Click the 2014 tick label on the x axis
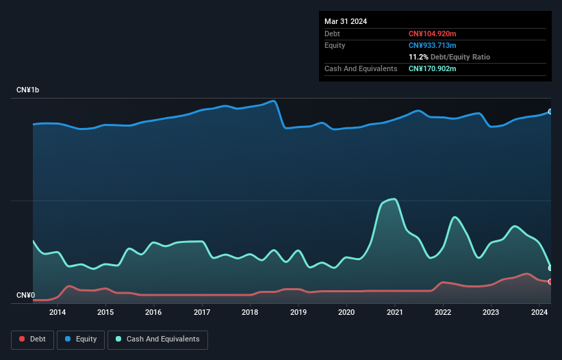(x=58, y=312)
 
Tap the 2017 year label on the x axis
(x=202, y=312)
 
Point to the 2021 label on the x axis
(x=394, y=312)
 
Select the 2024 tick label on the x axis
(x=539, y=312)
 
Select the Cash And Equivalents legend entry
(x=157, y=339)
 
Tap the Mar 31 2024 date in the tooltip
(x=346, y=21)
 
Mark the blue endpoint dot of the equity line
(x=550, y=112)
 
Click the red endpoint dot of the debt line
(x=550, y=281)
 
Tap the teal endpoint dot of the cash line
(x=550, y=268)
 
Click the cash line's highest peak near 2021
(x=393, y=199)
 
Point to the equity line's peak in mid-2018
(x=274, y=101)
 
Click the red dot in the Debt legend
(x=23, y=339)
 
